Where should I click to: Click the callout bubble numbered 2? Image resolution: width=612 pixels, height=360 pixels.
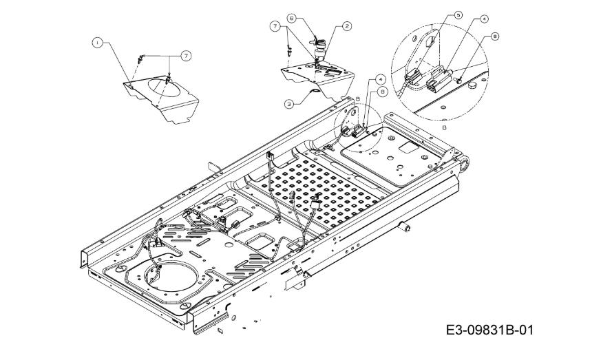347,25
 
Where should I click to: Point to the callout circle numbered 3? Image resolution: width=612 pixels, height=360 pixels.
291,103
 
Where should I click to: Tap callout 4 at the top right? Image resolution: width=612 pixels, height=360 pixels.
485,19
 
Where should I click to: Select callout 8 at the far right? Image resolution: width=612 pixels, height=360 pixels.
495,37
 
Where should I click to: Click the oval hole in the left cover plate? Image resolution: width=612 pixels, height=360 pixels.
167,83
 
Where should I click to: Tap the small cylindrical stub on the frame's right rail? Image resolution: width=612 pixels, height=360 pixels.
406,226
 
